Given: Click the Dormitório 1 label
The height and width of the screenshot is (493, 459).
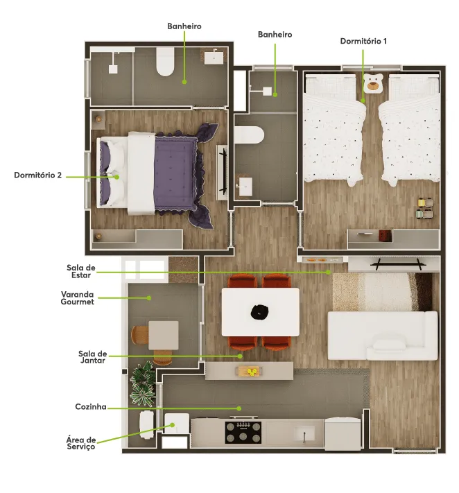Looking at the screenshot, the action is tap(363, 41).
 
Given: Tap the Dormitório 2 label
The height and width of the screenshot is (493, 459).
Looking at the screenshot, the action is tap(37, 175).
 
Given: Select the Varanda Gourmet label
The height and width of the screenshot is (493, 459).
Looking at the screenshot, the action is tap(78, 298).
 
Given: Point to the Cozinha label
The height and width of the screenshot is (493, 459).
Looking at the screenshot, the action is tap(91, 406).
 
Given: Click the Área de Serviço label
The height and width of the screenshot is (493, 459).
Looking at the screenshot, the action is tap(81, 443).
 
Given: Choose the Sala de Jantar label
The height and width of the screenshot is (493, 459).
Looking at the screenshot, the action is tap(93, 357).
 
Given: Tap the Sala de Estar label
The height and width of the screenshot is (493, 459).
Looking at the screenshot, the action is tap(81, 271).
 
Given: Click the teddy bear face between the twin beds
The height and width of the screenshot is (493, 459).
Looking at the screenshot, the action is tap(373, 83).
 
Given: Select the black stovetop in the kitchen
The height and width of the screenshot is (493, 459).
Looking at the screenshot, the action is tap(243, 433).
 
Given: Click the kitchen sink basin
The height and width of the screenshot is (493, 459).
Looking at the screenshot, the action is tap(304, 434).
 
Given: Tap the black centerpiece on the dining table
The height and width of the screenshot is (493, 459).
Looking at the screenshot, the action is tap(260, 312).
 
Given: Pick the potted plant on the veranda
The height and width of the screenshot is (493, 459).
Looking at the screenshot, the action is tap(143, 384).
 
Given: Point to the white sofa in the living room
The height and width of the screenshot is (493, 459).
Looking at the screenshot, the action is tap(383, 336).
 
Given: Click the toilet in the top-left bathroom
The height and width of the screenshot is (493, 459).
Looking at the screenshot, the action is tap(166, 62).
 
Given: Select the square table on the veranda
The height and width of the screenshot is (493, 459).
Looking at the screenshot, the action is tap(164, 335).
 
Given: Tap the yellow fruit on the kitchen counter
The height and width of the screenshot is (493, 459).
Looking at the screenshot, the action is tap(252, 372).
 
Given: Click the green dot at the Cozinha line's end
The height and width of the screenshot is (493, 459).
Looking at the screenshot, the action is tap(239, 408).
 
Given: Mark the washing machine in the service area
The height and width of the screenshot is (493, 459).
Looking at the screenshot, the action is tap(177, 424).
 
